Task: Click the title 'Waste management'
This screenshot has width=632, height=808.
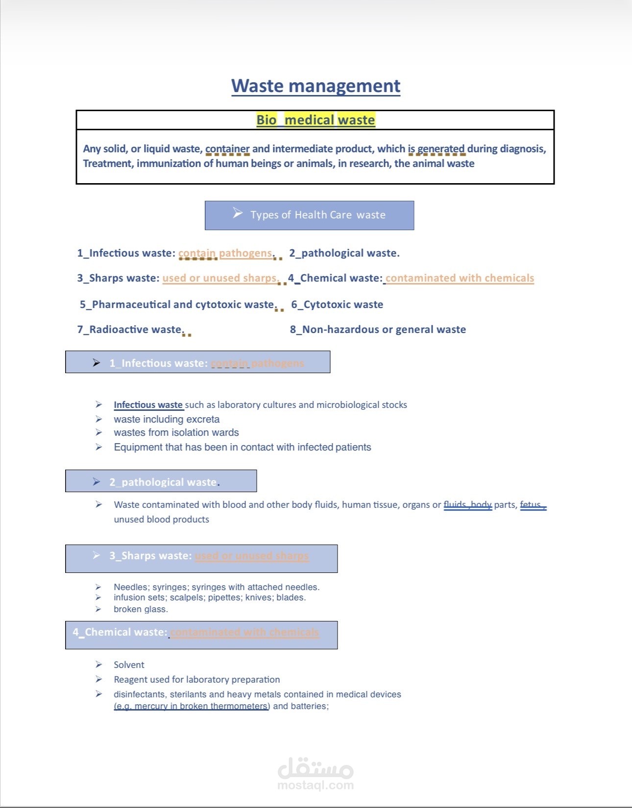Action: (316, 86)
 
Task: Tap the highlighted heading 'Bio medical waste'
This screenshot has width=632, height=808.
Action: (316, 120)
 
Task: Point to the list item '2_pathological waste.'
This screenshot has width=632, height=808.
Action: (344, 253)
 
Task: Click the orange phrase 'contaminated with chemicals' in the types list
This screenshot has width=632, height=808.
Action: (460, 278)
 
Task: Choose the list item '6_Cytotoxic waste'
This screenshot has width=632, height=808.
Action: (337, 305)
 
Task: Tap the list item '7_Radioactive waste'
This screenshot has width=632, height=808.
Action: (129, 330)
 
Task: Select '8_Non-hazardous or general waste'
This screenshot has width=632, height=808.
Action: (378, 330)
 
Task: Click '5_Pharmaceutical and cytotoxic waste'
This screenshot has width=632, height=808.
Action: (176, 305)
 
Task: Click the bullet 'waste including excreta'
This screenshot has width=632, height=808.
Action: (167, 419)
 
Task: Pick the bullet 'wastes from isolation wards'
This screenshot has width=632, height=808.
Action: (176, 432)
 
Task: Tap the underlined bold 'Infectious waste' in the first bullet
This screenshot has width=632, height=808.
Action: (148, 405)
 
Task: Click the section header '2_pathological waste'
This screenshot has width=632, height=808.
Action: (164, 482)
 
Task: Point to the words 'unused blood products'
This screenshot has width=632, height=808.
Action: (161, 520)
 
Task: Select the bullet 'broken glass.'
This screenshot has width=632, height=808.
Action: (141, 609)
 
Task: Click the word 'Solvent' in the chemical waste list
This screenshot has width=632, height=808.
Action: (129, 665)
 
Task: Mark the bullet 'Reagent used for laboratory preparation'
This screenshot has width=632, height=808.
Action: (196, 680)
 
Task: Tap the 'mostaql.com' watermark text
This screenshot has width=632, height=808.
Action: (316, 785)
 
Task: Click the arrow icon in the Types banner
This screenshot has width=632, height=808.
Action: (238, 213)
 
